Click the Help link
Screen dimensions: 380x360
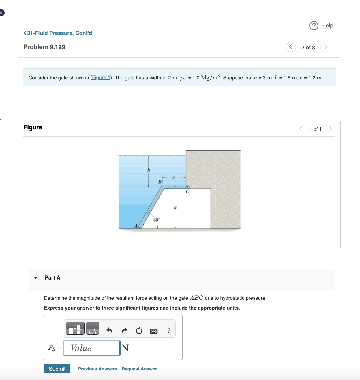pos(321,26)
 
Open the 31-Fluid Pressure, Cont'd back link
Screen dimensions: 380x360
pos(58,33)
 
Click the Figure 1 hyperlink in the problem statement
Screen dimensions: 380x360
pos(101,78)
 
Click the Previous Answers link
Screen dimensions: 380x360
pos(97,369)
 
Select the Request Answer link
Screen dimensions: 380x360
pos(139,369)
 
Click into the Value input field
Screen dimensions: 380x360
pos(92,348)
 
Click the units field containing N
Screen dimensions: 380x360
pos(148,348)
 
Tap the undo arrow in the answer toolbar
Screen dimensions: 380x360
pos(109,330)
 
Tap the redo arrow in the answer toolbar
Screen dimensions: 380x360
pos(124,330)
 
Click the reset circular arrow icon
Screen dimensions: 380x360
pos(139,330)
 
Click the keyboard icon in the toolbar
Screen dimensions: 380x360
pos(154,331)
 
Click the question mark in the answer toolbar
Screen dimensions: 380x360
pos(169,330)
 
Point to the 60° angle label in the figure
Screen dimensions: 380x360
pos(156,220)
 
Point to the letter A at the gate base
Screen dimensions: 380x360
pos(136,226)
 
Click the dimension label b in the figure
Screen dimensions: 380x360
pos(149,170)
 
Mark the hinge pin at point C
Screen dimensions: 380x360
pos(187,187)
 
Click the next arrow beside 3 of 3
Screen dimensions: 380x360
pos(326,47)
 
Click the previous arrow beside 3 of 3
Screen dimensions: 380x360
pos(290,47)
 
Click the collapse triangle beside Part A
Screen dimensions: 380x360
pos(36,278)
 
